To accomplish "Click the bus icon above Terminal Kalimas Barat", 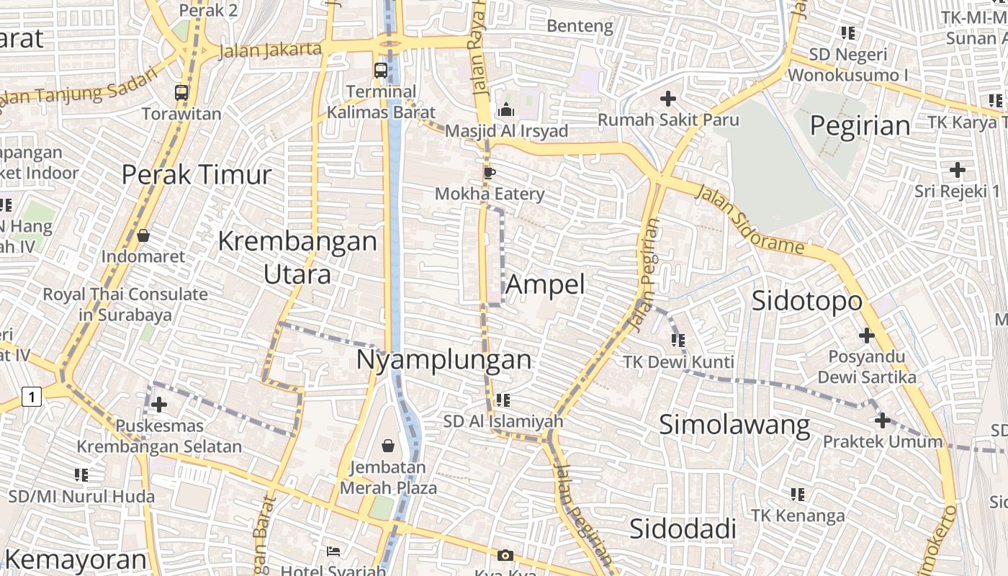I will pos(381,71).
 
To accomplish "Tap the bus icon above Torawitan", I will pos(181,92).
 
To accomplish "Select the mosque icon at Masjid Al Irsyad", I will pos(505,110).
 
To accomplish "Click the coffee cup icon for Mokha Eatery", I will pos(490,173).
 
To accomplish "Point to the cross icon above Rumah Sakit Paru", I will pos(668,98).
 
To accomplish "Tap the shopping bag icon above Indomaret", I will pos(143,235).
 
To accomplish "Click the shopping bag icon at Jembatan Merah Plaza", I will pos(388,446).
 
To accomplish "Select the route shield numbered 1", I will pos(31,396).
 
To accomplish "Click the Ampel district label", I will pos(545,284).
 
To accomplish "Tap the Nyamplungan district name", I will pos(444,359).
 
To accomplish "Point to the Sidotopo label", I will pos(806,301).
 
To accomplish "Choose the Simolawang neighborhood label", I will pos(734,425).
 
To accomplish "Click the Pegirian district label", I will pos(860,126).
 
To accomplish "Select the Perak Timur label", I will pos(196,174).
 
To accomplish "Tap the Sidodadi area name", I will pos(683,528).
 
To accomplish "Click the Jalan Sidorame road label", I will pos(749,219).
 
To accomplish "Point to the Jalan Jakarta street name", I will pos(269,50).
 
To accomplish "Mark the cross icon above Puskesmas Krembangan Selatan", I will pos(159,405).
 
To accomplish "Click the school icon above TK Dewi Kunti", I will pos(678,340).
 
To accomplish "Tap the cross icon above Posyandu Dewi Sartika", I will pos(867,335).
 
